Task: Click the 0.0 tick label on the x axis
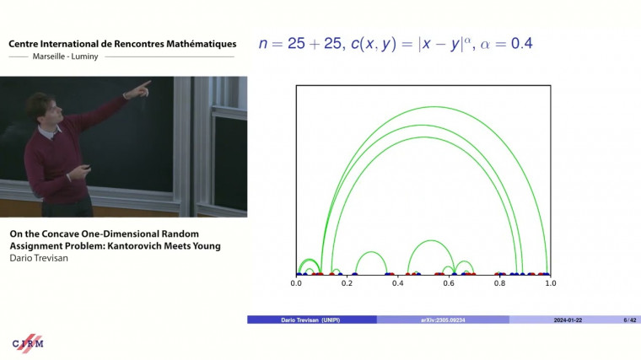296,284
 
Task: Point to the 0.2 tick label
347,284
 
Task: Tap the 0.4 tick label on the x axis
398,284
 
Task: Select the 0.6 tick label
449,284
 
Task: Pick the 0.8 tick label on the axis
499,284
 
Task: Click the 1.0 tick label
550,284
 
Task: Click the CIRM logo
28,342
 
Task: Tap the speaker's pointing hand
144,85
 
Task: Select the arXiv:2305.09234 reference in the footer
442,320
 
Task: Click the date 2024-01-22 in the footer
568,320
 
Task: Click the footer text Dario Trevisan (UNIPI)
311,320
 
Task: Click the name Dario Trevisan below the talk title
37,259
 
